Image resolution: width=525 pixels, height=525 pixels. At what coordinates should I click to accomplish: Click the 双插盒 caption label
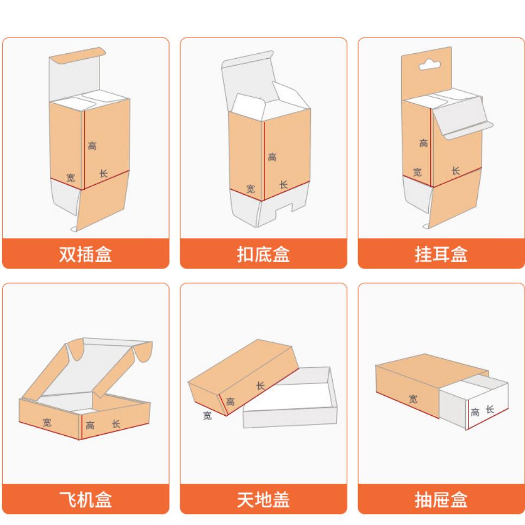point(85,254)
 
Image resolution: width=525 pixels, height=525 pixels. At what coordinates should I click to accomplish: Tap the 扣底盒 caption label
point(263,254)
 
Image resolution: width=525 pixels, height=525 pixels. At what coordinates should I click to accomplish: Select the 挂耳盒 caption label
point(441,254)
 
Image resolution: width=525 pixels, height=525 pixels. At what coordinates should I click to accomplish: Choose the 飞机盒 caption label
point(85,499)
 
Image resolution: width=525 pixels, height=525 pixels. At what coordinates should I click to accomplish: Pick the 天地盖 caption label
point(263,499)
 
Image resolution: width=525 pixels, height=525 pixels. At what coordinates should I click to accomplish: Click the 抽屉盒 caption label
point(441,499)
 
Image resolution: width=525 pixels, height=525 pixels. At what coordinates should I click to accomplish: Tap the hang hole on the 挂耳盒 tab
point(432,66)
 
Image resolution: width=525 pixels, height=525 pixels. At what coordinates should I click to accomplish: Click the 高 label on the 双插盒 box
point(92,146)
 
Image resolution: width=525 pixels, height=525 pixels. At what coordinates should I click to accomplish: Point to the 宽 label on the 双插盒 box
point(71,177)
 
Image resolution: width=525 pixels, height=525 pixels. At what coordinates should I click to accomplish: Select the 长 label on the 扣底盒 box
point(283,184)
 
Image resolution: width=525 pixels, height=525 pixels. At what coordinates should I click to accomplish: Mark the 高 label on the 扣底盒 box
point(272,157)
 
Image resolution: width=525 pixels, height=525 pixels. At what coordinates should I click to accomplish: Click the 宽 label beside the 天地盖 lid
point(207,416)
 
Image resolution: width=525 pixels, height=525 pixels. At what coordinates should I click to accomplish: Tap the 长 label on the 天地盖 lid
point(260,385)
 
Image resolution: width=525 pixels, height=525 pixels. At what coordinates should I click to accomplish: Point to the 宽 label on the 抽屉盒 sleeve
point(413,398)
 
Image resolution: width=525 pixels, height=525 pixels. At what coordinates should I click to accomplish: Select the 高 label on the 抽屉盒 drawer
point(474,412)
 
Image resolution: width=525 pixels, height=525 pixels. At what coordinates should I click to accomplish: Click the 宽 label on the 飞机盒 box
point(47,422)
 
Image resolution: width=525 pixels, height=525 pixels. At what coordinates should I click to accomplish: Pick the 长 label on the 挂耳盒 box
point(455,171)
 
